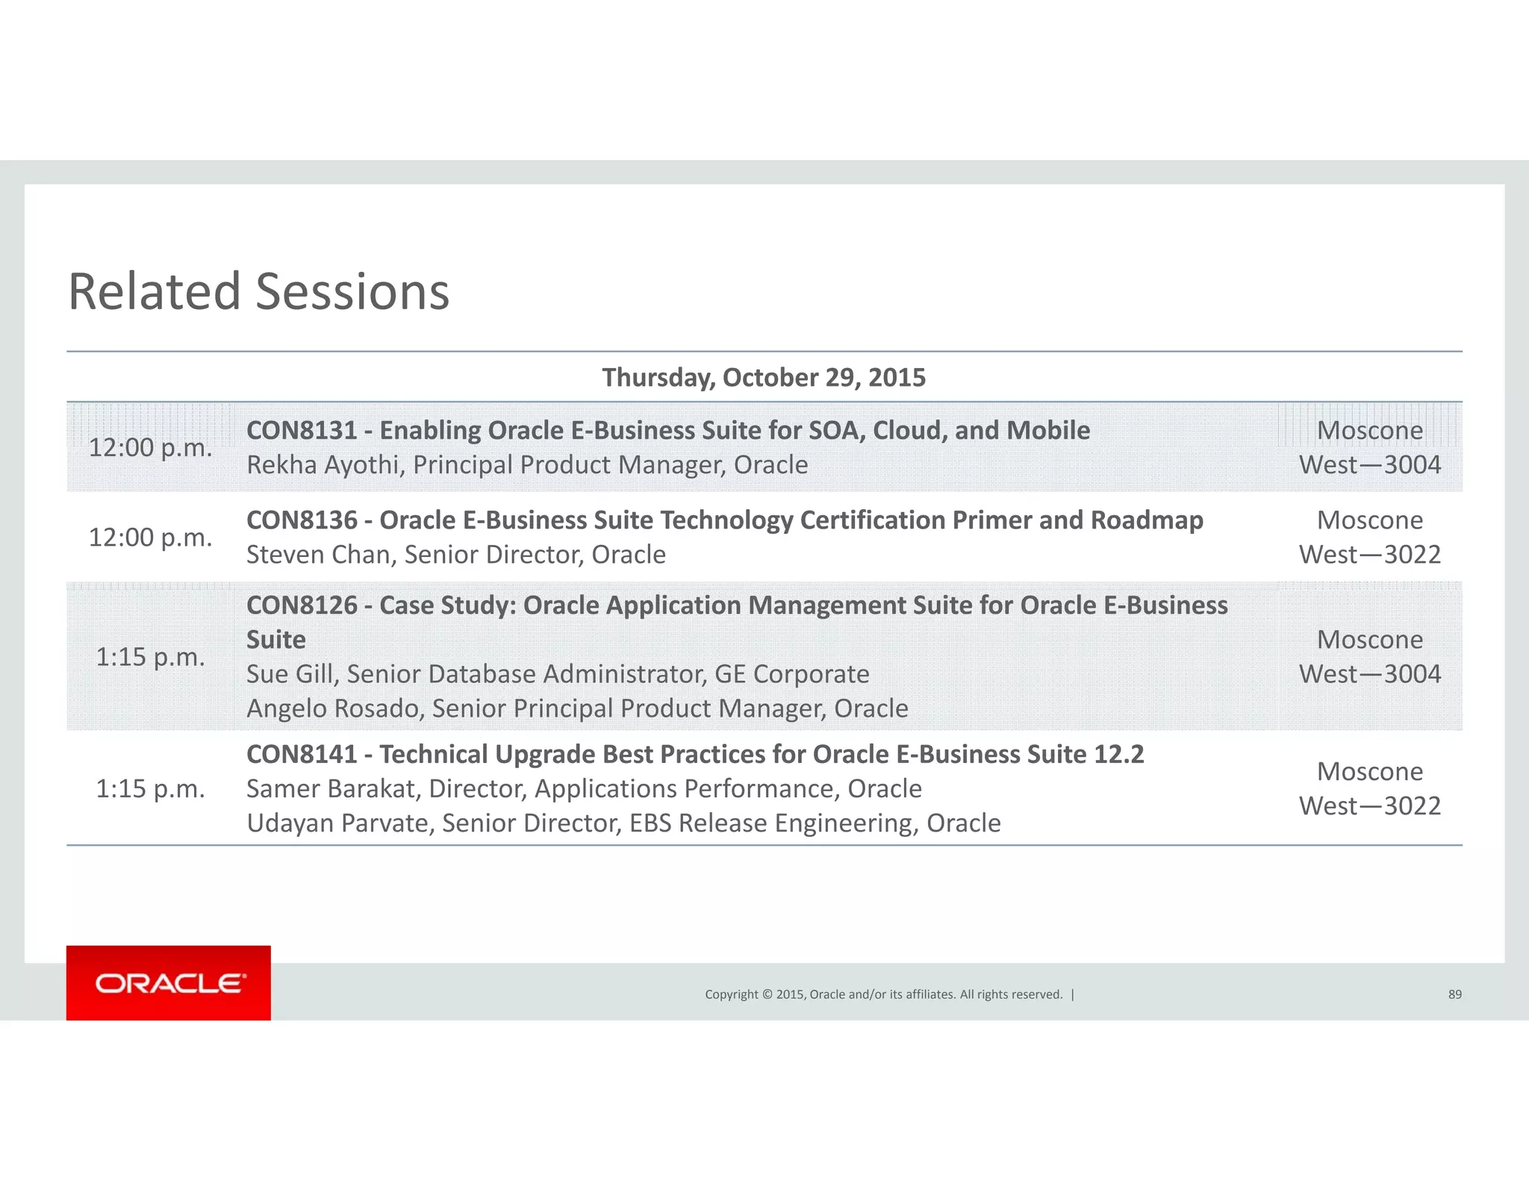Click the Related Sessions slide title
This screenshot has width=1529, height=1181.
[x=258, y=291]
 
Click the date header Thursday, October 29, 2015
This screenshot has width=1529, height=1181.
[x=764, y=378]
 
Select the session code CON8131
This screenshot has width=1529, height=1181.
[x=302, y=431]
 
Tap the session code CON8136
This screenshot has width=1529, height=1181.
[x=302, y=520]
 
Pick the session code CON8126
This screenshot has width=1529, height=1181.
[x=302, y=605]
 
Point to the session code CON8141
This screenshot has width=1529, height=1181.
[x=302, y=755]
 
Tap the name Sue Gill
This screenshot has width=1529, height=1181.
[x=293, y=674]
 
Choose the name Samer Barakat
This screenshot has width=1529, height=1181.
[x=333, y=789]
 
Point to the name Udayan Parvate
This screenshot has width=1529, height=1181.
[x=340, y=823]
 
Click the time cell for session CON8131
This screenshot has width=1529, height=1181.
[x=150, y=448]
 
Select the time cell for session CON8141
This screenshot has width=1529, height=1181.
[x=150, y=789]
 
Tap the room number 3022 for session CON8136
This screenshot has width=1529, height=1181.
[x=1412, y=555]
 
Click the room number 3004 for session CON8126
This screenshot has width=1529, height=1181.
[x=1412, y=674]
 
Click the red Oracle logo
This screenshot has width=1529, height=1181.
[x=169, y=983]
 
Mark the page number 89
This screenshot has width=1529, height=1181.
[x=1454, y=994]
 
